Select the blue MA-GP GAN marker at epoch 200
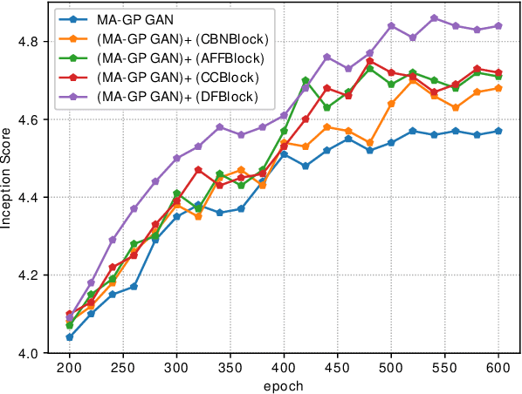tap(69, 337)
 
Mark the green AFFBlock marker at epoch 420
tap(306, 80)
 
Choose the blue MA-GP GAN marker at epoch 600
tap(499, 131)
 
